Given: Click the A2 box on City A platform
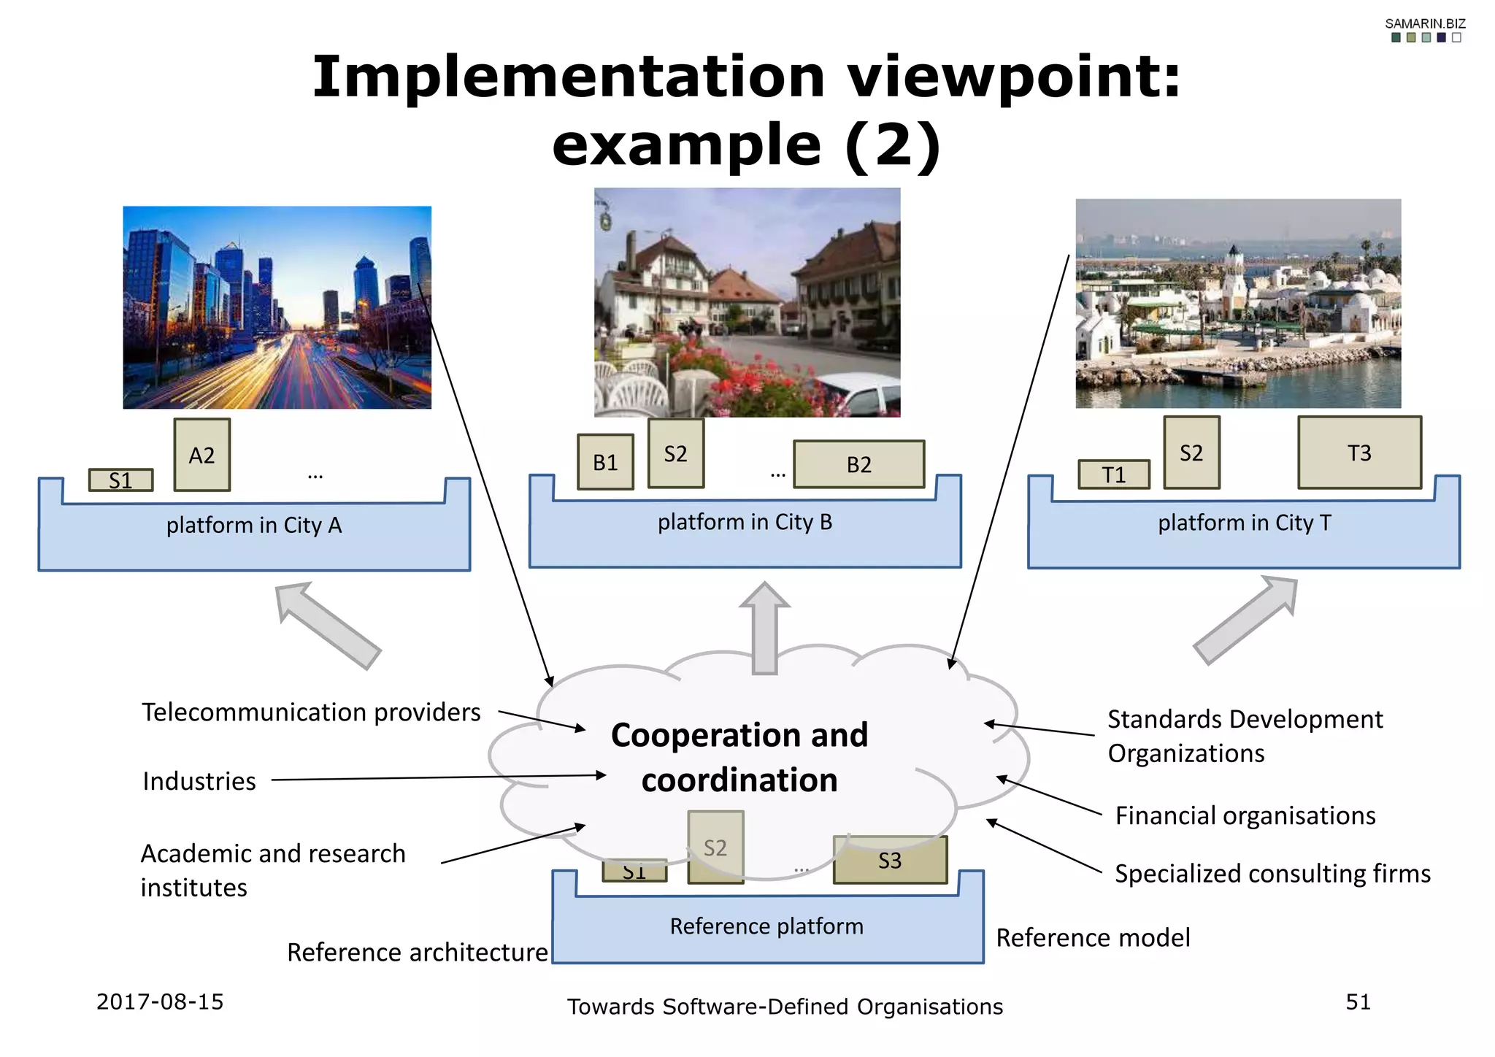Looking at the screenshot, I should (x=201, y=455).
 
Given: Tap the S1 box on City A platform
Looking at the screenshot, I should (x=120, y=480).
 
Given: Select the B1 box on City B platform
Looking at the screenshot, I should (x=605, y=462).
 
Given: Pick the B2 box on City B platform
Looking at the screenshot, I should (x=858, y=464).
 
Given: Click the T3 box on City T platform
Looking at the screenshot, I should (x=1358, y=453).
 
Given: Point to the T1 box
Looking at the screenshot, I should (x=1113, y=474).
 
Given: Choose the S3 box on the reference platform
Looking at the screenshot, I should (x=890, y=860).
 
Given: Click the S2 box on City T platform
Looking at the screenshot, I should (x=1191, y=453).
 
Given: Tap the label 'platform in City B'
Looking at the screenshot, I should (x=745, y=522).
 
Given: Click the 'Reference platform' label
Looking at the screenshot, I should (x=766, y=926).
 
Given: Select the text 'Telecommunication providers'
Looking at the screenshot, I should (x=311, y=712).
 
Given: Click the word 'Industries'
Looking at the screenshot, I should (x=199, y=781).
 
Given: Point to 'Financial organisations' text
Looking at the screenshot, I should (x=1245, y=815).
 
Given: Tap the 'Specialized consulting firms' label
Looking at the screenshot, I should (x=1272, y=874).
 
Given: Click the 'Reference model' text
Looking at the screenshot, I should (x=1093, y=937).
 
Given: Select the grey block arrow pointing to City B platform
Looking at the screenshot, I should (x=764, y=628).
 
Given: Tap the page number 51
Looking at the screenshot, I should (x=1358, y=1002).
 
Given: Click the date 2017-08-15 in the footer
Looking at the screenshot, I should (x=160, y=1002).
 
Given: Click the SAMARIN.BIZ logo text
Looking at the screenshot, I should (x=1425, y=24).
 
